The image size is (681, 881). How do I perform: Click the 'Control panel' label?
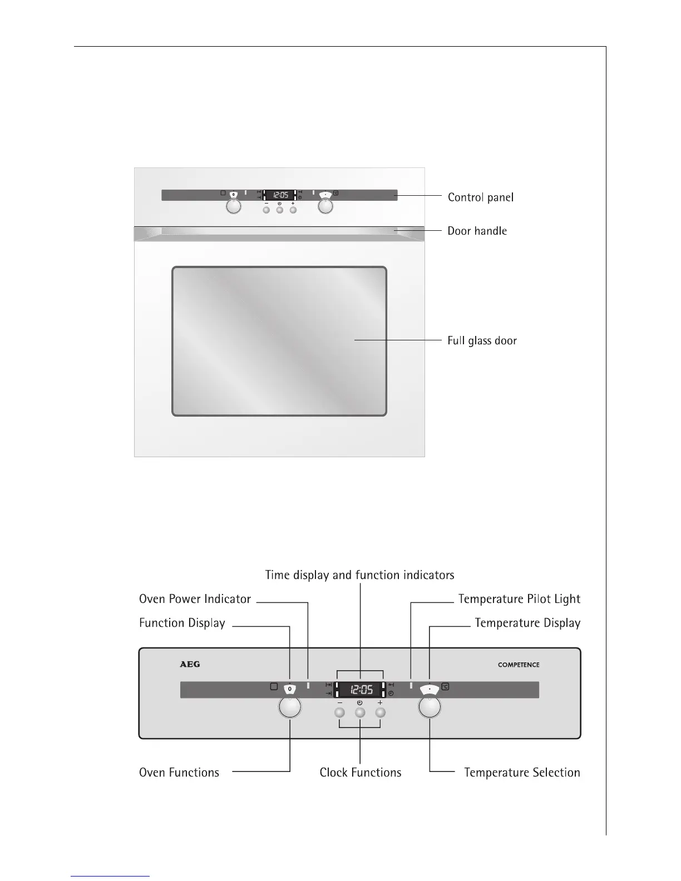pyautogui.click(x=480, y=197)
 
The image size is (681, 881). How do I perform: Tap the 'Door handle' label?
pyautogui.click(x=477, y=231)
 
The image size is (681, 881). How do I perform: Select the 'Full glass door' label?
pyautogui.click(x=482, y=340)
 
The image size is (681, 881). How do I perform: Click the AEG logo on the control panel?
pyautogui.click(x=190, y=664)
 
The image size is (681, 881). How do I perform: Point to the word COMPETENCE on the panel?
pyautogui.click(x=519, y=665)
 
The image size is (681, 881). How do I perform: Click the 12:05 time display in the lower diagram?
pyautogui.click(x=361, y=690)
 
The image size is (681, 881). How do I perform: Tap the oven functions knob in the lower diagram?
pyautogui.click(x=289, y=707)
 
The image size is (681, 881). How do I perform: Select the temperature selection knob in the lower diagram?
pyautogui.click(x=430, y=707)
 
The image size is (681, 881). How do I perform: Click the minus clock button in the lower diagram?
pyautogui.click(x=339, y=712)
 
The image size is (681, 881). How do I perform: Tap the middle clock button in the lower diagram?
pyautogui.click(x=360, y=712)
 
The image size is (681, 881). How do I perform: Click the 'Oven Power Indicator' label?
pyautogui.click(x=195, y=599)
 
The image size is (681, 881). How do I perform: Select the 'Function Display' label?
pyautogui.click(x=182, y=623)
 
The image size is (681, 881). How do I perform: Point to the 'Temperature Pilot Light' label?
pyautogui.click(x=519, y=599)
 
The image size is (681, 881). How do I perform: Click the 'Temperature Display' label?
pyautogui.click(x=527, y=623)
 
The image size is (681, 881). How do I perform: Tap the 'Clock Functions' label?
pyautogui.click(x=361, y=773)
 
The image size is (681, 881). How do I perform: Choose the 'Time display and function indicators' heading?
pyautogui.click(x=359, y=575)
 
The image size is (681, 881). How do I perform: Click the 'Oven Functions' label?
pyautogui.click(x=179, y=773)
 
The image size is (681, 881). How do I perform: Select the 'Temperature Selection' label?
pyautogui.click(x=522, y=773)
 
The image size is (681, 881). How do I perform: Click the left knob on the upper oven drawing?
pyautogui.click(x=234, y=206)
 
